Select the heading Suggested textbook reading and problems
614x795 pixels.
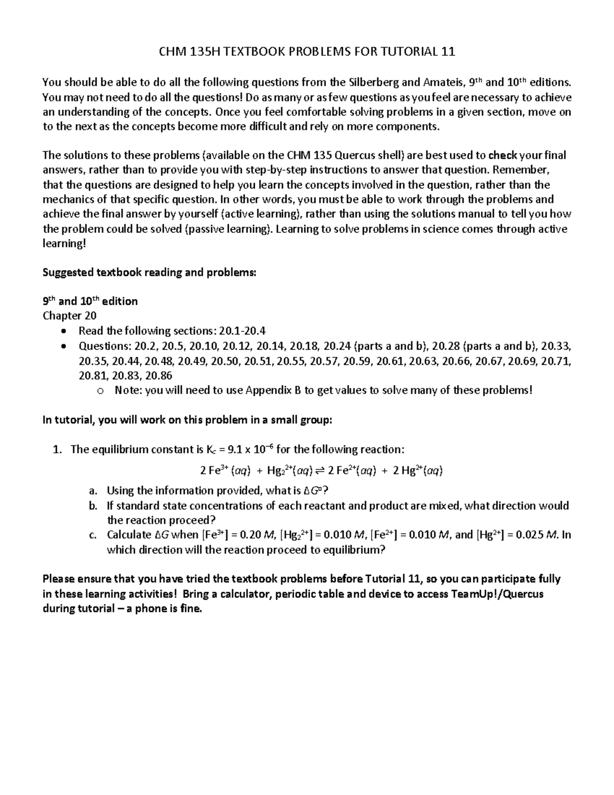pyautogui.click(x=148, y=272)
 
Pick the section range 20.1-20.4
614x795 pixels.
pyautogui.click(x=243, y=331)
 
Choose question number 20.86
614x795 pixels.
pyautogui.click(x=159, y=375)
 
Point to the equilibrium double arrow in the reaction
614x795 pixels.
pyautogui.click(x=320, y=470)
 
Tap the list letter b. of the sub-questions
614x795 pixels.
pyautogui.click(x=93, y=506)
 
